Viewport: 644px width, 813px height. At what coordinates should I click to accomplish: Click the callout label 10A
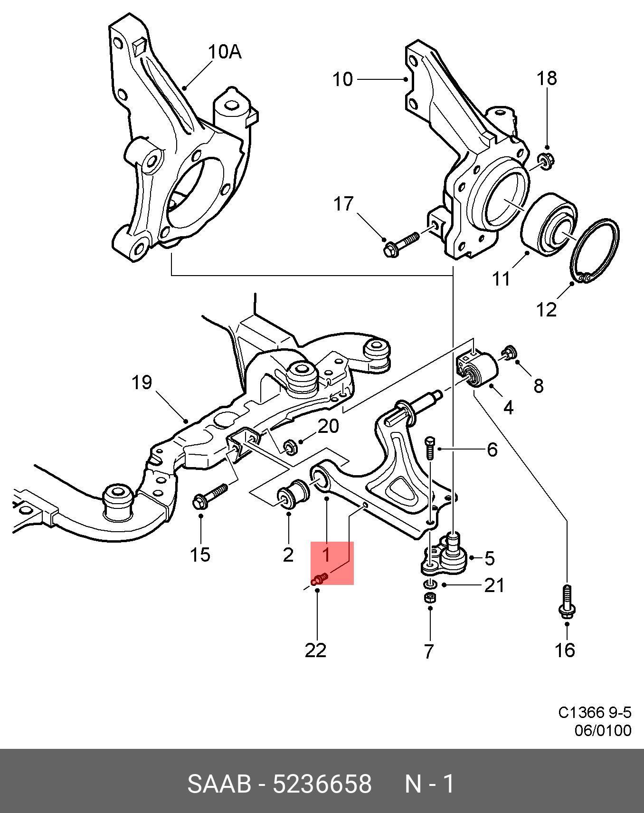pos(225,52)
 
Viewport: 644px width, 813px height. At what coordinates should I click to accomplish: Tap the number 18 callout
pos(547,78)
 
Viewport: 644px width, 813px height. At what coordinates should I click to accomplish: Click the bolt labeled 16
pos(566,601)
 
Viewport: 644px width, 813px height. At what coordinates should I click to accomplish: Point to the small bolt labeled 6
pos(429,447)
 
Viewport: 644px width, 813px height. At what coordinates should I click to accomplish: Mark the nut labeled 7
pos(429,597)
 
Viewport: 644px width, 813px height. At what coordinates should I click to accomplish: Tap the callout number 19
pos(142,382)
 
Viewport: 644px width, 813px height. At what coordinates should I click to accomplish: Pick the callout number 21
pos(494,585)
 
